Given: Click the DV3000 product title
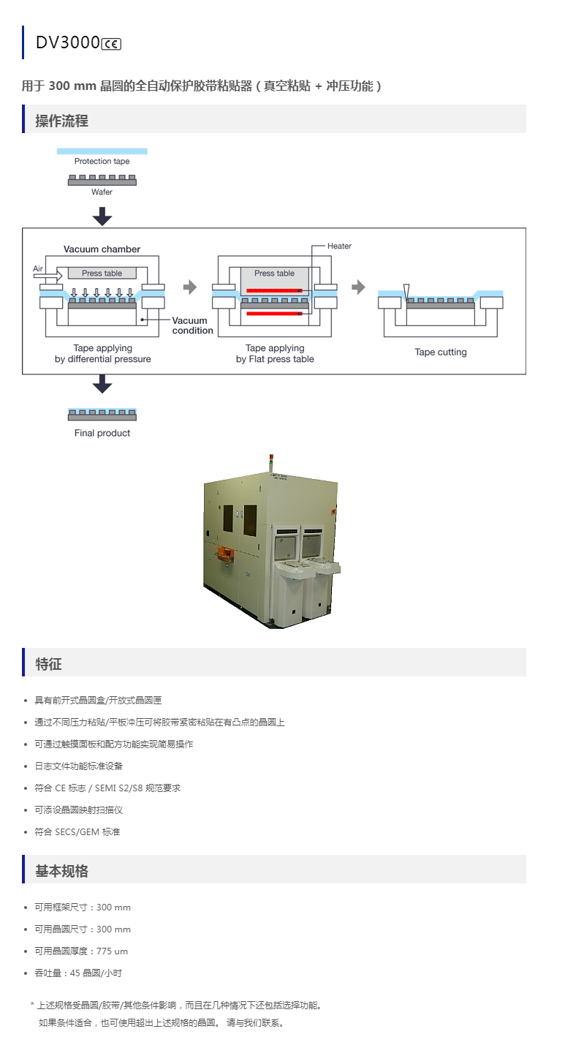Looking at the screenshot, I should tap(67, 42).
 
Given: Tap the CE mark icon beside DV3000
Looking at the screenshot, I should tap(111, 44).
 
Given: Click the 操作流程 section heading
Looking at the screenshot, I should tap(61, 121).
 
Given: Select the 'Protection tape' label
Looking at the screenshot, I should tap(102, 161).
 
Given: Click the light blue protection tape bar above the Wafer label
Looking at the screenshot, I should tap(102, 151).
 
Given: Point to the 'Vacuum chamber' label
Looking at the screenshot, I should tap(102, 249).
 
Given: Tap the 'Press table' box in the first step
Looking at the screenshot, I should tap(102, 273).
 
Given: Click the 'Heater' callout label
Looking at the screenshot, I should tap(339, 246).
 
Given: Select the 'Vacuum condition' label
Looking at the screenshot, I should tap(192, 325).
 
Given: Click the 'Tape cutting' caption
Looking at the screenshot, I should tap(440, 352).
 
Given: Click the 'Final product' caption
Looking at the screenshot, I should tap(102, 433).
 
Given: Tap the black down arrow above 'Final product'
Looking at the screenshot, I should tap(102, 384).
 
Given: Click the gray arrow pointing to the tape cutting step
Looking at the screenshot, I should tap(358, 287).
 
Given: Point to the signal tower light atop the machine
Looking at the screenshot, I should tap(271, 462).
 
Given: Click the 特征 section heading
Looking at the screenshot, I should tap(48, 664).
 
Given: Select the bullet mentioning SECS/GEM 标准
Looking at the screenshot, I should tap(77, 831).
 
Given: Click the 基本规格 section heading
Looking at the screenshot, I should tap(61, 871).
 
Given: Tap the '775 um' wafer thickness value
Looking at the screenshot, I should tap(112, 951).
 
